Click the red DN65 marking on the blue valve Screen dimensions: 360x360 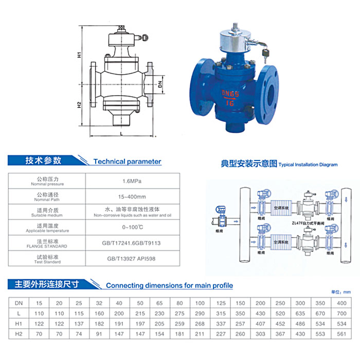(x=231, y=93)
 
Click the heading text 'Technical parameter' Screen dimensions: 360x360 (x=127, y=161)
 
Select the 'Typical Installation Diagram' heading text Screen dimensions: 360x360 (x=308, y=165)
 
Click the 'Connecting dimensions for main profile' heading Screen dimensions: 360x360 (x=169, y=285)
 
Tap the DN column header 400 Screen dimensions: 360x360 (x=341, y=303)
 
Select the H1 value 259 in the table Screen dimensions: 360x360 (x=180, y=325)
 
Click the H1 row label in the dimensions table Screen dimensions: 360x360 (x=19, y=325)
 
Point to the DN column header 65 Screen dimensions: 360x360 (x=160, y=303)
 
